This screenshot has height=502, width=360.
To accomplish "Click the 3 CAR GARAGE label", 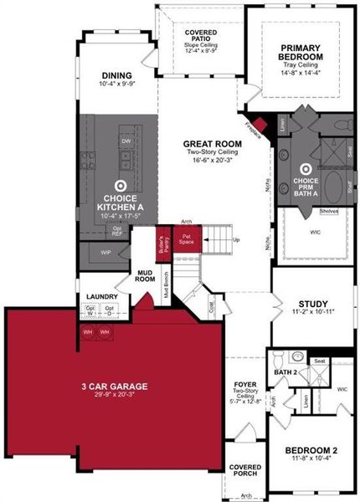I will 116,386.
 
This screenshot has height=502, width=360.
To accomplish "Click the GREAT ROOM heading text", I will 213,144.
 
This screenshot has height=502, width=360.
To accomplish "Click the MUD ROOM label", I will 147,275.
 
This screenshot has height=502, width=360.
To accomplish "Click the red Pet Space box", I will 187,237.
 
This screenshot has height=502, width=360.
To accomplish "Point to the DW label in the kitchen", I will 126,141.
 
